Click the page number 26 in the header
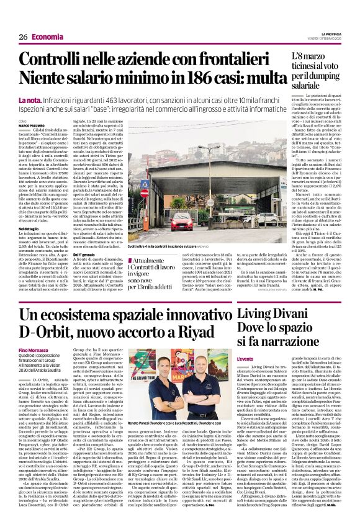(x=24, y=37)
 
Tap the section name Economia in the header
(x=47, y=37)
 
